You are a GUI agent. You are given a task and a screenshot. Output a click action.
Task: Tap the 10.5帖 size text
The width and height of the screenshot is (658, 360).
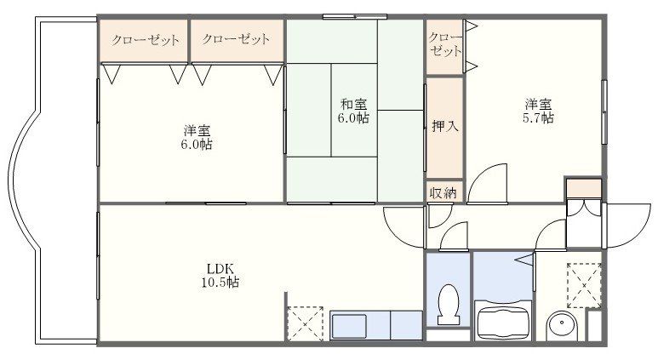(x=214, y=282)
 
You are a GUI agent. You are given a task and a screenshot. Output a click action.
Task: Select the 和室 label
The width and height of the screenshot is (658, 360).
(x=353, y=105)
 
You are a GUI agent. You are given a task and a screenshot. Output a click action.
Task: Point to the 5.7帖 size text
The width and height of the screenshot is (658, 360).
(x=537, y=119)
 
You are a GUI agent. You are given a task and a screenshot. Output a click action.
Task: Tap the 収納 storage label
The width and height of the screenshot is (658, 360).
(x=443, y=193)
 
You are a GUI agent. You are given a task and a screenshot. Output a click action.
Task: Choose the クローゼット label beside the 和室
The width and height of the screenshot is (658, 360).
(x=237, y=39)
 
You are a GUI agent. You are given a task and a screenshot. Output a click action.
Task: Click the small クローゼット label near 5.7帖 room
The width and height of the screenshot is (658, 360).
(x=444, y=43)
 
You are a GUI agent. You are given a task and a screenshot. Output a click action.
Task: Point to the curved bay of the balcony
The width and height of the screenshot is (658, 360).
(x=21, y=182)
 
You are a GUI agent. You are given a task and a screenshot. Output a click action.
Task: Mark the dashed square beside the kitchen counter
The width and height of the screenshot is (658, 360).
(x=305, y=323)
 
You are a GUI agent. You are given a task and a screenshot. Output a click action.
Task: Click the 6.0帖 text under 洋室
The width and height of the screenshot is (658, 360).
(x=197, y=145)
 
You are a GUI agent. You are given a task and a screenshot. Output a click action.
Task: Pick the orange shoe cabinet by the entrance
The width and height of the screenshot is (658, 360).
(x=583, y=188)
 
